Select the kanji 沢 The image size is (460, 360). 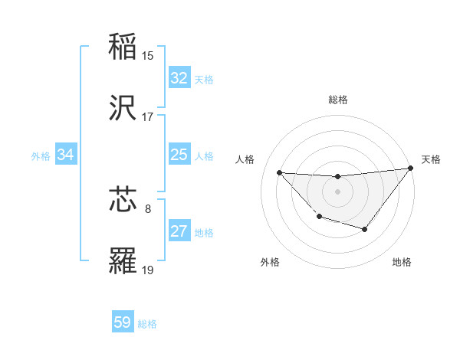123,108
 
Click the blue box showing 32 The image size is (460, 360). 179,78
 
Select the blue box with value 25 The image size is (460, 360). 179,155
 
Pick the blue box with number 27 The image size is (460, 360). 179,231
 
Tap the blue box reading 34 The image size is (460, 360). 66,155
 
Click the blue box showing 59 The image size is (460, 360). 123,322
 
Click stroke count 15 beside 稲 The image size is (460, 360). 148,56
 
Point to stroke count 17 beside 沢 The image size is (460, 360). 148,117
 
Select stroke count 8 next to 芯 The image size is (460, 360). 148,208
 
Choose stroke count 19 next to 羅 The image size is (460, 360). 148,270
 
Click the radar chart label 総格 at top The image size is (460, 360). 338,100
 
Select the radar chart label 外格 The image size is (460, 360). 270,262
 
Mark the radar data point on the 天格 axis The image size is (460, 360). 411,168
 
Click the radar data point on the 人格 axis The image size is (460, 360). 279,172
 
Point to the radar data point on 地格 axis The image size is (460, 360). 365,229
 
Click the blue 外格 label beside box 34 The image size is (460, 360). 41,156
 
